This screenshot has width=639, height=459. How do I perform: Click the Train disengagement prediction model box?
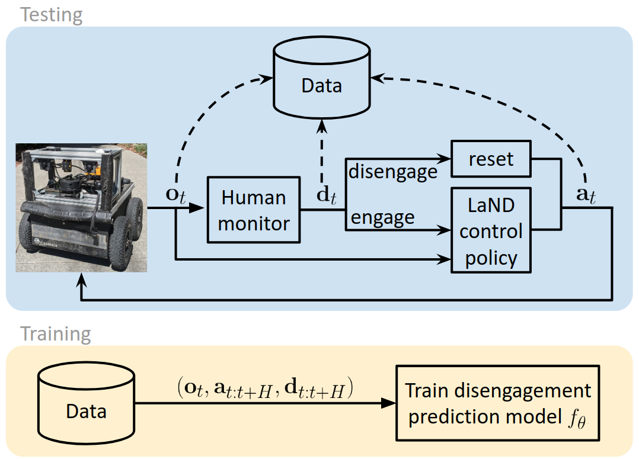point(497,403)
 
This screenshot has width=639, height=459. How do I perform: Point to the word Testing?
point(52,14)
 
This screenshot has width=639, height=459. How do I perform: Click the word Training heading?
point(56,334)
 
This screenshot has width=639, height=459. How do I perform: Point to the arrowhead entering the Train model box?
point(389,403)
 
